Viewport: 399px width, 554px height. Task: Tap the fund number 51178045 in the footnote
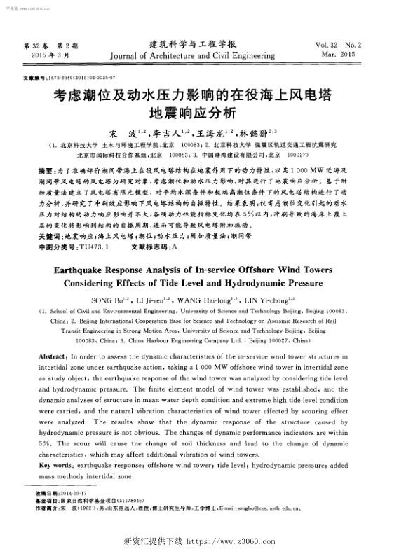click(136, 500)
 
